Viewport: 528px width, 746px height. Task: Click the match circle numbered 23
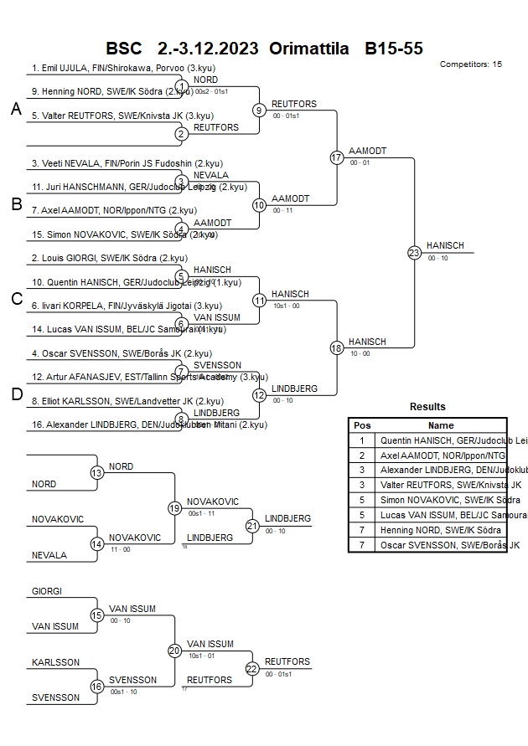(x=414, y=252)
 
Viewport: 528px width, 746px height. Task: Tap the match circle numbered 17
(x=337, y=157)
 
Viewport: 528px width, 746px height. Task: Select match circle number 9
(x=259, y=110)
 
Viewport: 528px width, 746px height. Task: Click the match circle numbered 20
(x=174, y=650)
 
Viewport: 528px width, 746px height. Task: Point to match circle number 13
(x=97, y=472)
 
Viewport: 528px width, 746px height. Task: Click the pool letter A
(x=16, y=110)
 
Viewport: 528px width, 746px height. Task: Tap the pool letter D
(x=16, y=394)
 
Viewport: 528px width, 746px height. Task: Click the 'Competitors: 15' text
(x=470, y=64)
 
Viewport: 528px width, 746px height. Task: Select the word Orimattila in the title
(x=308, y=49)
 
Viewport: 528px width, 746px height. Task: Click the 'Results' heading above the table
(x=427, y=407)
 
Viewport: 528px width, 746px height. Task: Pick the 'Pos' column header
(x=362, y=425)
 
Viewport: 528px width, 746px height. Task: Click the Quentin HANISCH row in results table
(x=440, y=440)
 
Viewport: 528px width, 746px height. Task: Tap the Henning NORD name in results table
(x=441, y=530)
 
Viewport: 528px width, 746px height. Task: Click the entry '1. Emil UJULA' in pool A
(x=108, y=68)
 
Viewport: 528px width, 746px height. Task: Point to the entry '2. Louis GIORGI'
(x=110, y=258)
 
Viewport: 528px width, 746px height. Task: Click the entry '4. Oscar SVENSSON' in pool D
(x=122, y=353)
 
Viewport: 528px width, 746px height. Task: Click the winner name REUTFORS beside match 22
(x=287, y=661)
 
